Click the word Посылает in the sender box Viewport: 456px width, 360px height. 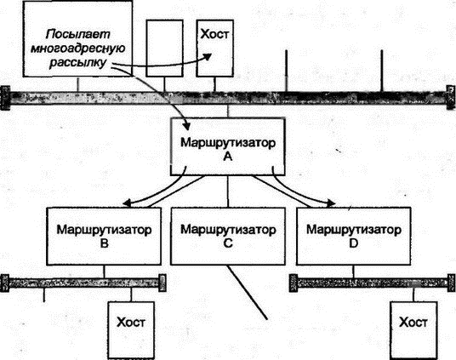78,34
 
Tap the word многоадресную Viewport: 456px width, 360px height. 78,49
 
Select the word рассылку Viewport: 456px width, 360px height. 78,63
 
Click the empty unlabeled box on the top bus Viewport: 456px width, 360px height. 164,49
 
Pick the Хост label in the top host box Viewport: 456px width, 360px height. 215,34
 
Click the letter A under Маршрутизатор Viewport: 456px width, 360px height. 228,157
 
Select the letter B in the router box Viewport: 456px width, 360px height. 104,243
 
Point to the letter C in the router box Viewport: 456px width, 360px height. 228,243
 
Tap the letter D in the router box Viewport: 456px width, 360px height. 353,243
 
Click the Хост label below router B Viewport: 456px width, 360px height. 130,323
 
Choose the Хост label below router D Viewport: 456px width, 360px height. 413,323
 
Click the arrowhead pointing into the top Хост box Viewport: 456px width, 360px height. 208,56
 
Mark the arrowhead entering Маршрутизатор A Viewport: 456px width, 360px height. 186,125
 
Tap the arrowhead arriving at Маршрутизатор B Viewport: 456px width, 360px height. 127,203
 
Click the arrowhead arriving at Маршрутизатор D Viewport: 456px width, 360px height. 331,203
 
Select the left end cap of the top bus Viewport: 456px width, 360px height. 5,98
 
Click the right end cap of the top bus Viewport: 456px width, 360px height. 451,98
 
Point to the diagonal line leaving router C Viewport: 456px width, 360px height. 247,292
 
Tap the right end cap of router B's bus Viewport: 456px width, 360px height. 162,283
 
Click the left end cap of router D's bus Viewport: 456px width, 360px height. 294,283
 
